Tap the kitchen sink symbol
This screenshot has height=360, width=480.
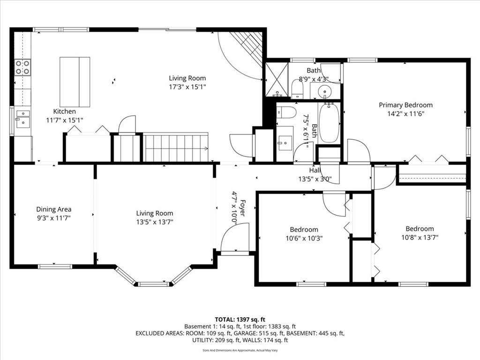pos(23,119)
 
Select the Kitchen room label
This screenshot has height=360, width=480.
pos(64,112)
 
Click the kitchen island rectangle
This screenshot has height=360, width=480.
pos(75,82)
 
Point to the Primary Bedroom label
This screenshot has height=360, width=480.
pos(405,105)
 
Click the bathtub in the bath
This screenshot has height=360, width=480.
pos(329,123)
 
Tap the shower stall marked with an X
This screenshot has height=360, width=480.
pos(277,79)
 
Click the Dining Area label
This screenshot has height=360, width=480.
pos(54,210)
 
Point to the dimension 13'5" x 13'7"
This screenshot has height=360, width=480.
pos(155,222)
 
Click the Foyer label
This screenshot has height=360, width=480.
pos(242,208)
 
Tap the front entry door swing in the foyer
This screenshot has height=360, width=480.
pos(234,238)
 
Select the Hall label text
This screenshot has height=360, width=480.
pos(315,171)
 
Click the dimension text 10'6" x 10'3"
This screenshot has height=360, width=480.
pos(304,238)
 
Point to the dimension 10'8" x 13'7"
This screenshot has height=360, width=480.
pos(420,237)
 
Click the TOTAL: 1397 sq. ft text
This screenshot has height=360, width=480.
pos(240,320)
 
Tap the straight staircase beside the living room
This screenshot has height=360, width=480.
pos(176,147)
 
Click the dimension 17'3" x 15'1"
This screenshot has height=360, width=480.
pos(187,87)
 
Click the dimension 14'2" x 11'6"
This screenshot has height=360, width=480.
pos(405,114)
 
